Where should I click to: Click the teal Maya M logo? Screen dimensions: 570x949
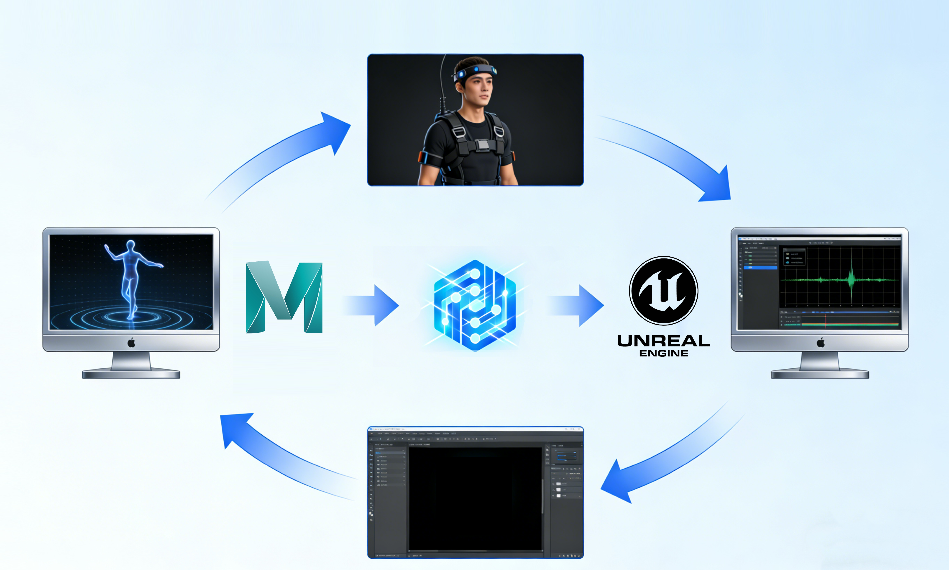284,297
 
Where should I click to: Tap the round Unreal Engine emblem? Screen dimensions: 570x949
663,291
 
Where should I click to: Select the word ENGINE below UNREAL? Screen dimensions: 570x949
663,353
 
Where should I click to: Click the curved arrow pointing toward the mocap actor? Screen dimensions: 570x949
292,154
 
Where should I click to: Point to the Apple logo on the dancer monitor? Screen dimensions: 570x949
131,343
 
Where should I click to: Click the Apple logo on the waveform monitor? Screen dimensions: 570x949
821,343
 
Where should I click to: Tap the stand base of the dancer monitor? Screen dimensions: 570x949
131,374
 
